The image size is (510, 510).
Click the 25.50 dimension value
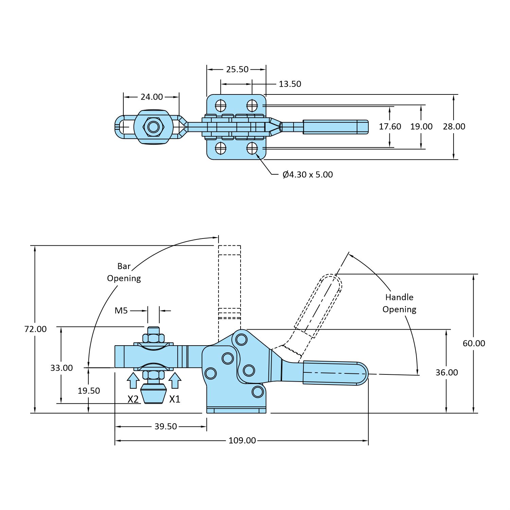[x=237, y=69]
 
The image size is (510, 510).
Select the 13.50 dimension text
[x=290, y=84]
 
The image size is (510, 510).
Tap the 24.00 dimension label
[x=152, y=97]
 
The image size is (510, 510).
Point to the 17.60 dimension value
[x=390, y=126]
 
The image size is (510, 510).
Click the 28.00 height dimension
[x=454, y=126]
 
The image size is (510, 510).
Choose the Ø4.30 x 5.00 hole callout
[x=307, y=175]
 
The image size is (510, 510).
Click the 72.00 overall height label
[x=35, y=329]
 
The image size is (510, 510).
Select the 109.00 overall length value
[x=242, y=440]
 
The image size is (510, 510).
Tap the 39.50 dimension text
[x=165, y=426]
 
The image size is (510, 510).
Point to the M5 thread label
[x=121, y=310]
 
